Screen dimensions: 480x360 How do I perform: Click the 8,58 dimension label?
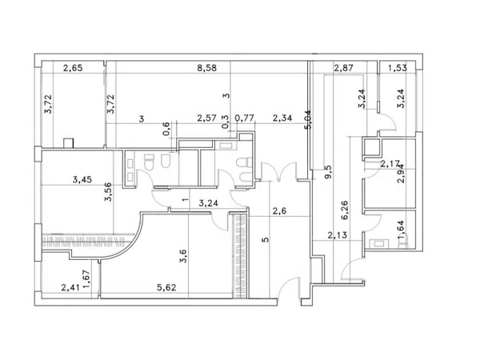coord(207,68)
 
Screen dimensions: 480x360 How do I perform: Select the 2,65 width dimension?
coord(73,68)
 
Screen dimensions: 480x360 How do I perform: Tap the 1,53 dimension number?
coord(398,68)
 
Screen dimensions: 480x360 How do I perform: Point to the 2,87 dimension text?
coord(343,68)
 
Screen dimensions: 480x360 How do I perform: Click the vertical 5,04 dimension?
coord(308,120)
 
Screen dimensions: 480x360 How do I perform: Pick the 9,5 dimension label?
coord(328,172)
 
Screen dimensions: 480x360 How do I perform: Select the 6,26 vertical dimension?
coord(344,210)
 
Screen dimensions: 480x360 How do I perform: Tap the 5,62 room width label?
coord(166,287)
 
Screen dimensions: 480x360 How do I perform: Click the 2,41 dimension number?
coord(70,287)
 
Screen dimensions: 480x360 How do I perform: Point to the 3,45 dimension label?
coord(82,179)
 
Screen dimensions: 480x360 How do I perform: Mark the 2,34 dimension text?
coord(282,118)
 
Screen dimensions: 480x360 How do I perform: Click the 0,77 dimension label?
coord(245,118)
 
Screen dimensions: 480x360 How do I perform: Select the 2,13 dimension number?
coord(338,235)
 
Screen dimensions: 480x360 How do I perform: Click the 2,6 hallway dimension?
coord(279,211)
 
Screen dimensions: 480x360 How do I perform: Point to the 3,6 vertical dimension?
coord(182,256)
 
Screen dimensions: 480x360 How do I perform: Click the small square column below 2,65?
coord(69,143)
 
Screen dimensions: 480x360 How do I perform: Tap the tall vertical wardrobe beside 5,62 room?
coord(240,256)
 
